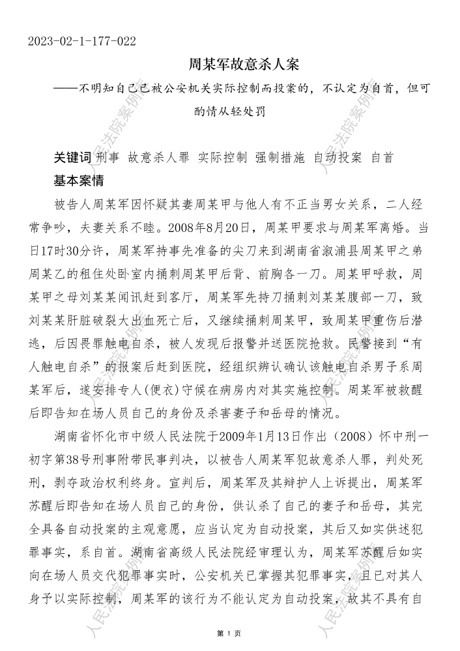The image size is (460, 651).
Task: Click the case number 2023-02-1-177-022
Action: tap(82, 42)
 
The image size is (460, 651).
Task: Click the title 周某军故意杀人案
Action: tap(243, 65)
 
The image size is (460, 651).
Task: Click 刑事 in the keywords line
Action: tap(108, 158)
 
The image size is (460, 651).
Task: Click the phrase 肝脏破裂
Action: tap(111, 311)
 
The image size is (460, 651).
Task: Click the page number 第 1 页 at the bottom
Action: tap(229, 632)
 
